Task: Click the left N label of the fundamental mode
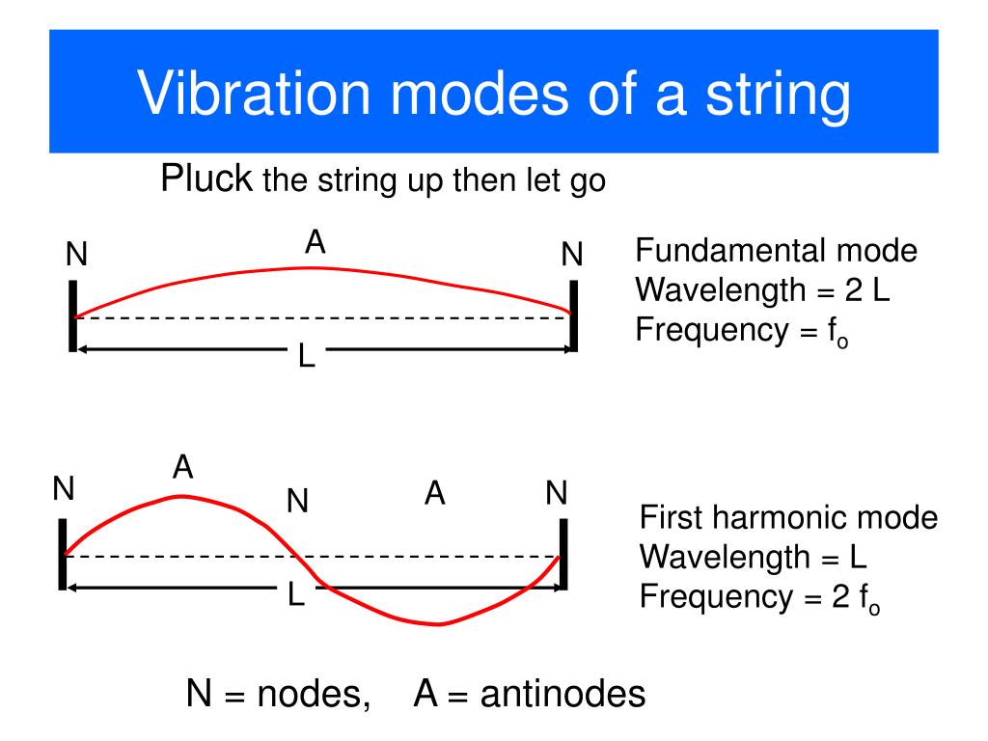pyautogui.click(x=76, y=256)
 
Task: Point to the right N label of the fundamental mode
pyautogui.click(x=572, y=256)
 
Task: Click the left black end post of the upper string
pyautogui.click(x=72, y=316)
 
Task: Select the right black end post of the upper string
pyautogui.click(x=573, y=316)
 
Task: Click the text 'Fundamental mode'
pyautogui.click(x=776, y=252)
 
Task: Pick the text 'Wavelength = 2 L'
pyautogui.click(x=762, y=290)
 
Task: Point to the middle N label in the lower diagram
pyautogui.click(x=297, y=501)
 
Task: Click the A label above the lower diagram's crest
pyautogui.click(x=183, y=468)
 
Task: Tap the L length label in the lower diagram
pyautogui.click(x=296, y=595)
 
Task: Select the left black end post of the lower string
pyautogui.click(x=63, y=554)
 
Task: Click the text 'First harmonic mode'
pyautogui.click(x=788, y=518)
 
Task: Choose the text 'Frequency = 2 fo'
pyautogui.click(x=760, y=598)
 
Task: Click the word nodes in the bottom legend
pyautogui.click(x=313, y=695)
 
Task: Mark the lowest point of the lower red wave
pyautogui.click(x=439, y=623)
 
